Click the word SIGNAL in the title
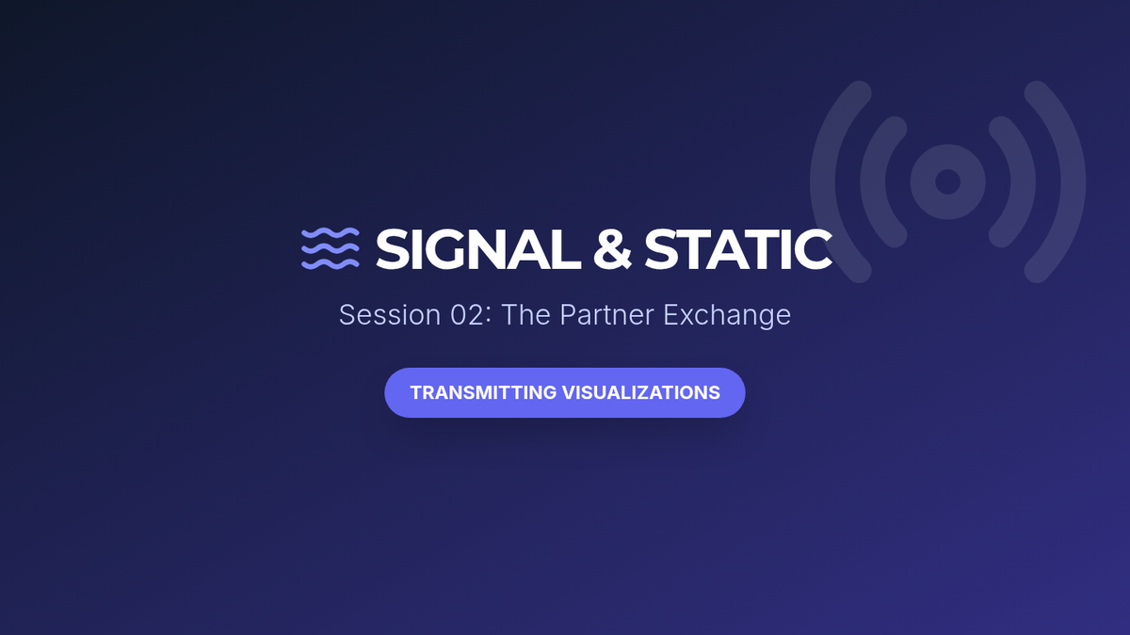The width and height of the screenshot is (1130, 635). (477, 249)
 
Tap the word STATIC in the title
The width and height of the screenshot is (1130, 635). (738, 249)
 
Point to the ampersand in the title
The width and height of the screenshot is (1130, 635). (612, 249)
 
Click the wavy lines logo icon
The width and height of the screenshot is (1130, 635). (331, 248)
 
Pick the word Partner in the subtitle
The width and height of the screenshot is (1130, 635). (606, 315)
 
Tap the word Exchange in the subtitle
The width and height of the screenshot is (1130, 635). (727, 316)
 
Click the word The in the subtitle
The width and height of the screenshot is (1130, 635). (525, 315)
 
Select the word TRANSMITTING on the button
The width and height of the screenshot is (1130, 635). (483, 392)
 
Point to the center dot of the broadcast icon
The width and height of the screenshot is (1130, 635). (948, 182)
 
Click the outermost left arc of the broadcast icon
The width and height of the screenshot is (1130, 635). (823, 182)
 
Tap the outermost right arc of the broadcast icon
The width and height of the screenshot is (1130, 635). (1073, 182)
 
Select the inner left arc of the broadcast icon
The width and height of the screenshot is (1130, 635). (873, 182)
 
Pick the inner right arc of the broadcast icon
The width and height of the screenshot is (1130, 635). (1023, 182)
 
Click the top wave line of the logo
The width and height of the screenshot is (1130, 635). (331, 233)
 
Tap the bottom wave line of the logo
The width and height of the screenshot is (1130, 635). (331, 264)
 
